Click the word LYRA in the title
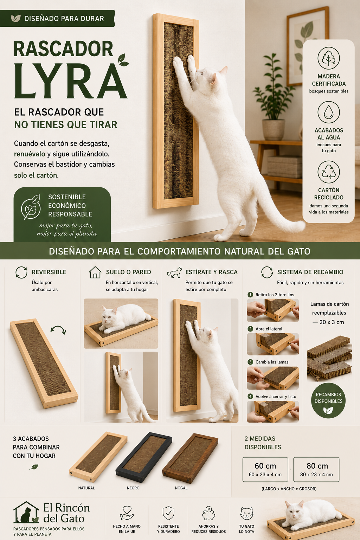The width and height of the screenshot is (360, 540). [x=71, y=81]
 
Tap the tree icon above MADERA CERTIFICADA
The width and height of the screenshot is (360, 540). [x=328, y=58]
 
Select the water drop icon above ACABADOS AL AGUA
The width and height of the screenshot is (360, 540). [x=328, y=112]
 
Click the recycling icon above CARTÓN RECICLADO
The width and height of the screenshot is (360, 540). [x=328, y=172]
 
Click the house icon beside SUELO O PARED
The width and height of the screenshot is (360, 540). [x=95, y=272]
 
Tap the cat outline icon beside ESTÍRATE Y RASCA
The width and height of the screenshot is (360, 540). [x=174, y=272]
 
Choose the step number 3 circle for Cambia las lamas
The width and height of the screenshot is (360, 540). [x=250, y=362]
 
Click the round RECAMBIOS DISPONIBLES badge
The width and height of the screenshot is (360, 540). [x=328, y=400]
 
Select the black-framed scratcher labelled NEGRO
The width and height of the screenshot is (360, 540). [x=144, y=457]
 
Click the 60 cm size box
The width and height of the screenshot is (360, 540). [x=265, y=469]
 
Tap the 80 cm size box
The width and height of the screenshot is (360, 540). [x=316, y=469]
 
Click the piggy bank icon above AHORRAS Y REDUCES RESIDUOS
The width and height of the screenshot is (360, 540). [x=208, y=513]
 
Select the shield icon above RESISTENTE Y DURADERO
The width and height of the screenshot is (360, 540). [x=168, y=513]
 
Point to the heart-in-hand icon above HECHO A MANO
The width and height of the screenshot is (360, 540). [x=127, y=513]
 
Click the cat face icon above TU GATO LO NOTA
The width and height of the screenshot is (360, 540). [x=247, y=513]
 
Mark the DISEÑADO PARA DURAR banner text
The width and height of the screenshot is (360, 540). [x=64, y=19]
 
